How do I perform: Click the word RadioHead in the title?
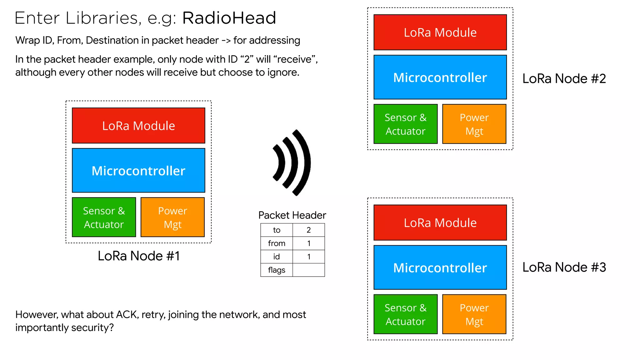(x=229, y=18)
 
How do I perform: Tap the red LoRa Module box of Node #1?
(x=138, y=126)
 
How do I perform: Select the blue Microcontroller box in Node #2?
(x=440, y=77)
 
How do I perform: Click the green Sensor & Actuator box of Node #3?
(x=405, y=314)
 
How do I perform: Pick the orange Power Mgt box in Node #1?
(x=172, y=217)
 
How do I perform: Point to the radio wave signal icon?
(x=292, y=162)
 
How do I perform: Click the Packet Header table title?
(x=292, y=215)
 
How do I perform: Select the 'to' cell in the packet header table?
(x=277, y=230)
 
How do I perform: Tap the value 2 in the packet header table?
(x=309, y=230)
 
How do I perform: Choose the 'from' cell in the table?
(x=277, y=243)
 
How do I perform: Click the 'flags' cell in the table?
(x=277, y=270)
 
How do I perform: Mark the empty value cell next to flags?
(x=309, y=270)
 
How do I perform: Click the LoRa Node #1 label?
(x=139, y=256)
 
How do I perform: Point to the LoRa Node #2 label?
(x=564, y=78)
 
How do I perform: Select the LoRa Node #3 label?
(x=564, y=267)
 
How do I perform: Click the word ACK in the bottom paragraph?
(x=127, y=314)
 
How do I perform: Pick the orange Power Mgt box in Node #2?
(x=474, y=124)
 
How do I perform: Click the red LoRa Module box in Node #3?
(x=440, y=223)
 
